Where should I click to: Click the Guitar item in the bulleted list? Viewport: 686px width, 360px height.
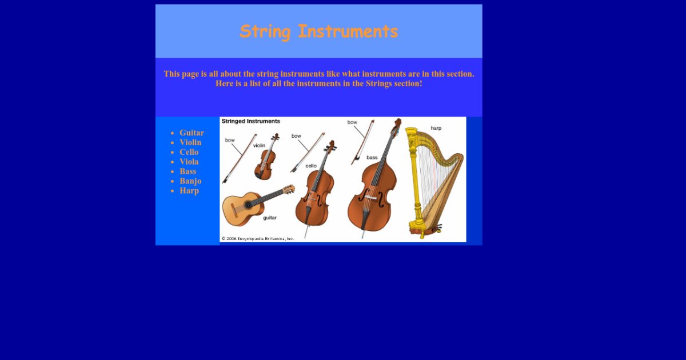(192, 133)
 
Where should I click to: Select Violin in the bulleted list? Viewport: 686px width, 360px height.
(190, 142)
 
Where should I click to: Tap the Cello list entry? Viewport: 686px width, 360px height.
(189, 152)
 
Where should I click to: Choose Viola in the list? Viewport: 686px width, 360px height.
(189, 162)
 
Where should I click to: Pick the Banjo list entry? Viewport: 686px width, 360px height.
(190, 181)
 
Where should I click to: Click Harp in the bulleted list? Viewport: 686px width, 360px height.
(189, 191)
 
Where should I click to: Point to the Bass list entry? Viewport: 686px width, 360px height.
(188, 171)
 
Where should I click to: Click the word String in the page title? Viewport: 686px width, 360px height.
(265, 31)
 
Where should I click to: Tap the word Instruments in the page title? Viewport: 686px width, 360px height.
(348, 31)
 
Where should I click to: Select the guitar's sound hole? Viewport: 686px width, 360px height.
(248, 205)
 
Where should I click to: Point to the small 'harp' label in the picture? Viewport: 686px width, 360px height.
(436, 128)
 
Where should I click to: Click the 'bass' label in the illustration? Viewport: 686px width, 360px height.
(372, 157)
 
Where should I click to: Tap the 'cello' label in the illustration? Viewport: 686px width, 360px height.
(311, 166)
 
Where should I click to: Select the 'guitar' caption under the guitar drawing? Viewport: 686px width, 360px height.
(270, 218)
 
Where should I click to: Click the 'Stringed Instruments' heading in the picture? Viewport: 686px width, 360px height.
(251, 121)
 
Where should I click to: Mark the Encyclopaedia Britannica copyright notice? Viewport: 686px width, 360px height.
(258, 238)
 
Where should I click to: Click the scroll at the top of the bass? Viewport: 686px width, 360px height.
(397, 123)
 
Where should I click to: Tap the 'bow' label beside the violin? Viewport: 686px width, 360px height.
(230, 140)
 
